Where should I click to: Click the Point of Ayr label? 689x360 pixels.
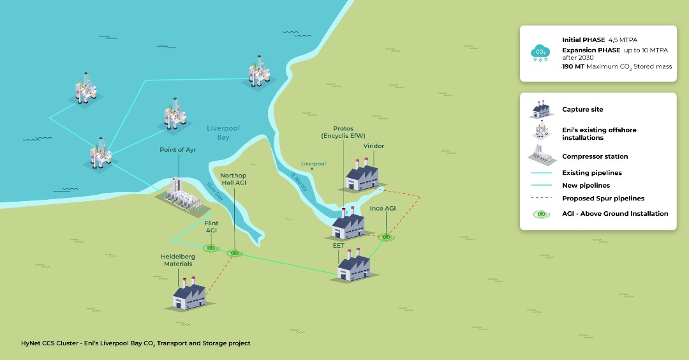tap(176, 149)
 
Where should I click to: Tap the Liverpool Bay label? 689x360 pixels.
tap(223, 133)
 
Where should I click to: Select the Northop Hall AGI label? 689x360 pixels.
tap(233, 179)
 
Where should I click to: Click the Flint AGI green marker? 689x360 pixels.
tap(210, 247)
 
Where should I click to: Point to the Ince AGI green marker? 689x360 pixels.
tap(385, 237)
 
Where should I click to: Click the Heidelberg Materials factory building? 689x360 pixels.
tap(190, 296)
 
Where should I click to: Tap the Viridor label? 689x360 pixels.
tap(374, 146)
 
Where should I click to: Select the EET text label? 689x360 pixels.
tap(338, 244)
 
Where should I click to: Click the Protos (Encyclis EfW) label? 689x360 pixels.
tap(343, 132)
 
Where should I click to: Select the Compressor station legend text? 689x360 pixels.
tap(595, 156)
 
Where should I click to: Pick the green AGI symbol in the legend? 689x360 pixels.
tap(540, 214)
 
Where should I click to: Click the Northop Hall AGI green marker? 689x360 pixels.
tap(235, 253)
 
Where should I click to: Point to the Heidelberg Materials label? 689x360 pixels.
tap(178, 260)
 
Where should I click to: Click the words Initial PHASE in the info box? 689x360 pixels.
tap(583, 40)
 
